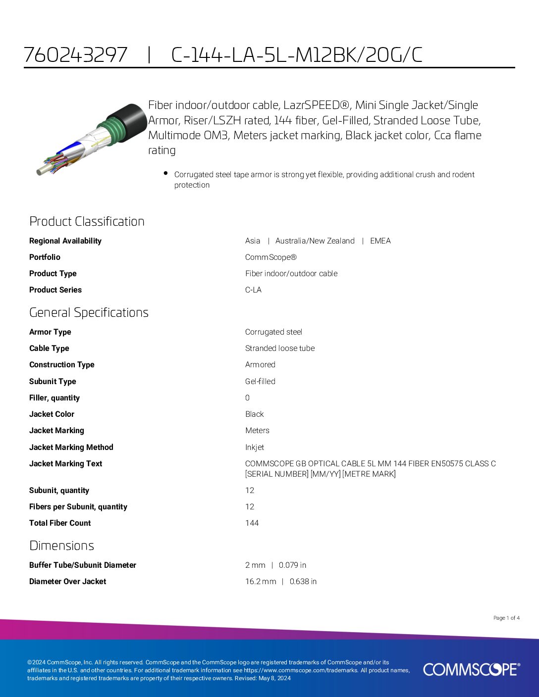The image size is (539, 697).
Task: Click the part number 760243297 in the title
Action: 75,55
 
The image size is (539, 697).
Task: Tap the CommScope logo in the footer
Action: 471,669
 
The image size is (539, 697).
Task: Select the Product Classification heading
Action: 87,221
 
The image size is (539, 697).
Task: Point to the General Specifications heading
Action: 89,312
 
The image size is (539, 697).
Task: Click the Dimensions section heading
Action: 61,546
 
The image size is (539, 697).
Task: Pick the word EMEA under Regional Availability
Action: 380,241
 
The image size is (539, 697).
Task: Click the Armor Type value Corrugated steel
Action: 273,332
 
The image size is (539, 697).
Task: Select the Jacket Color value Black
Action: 254,414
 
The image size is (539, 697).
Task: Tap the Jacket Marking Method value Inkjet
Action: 254,448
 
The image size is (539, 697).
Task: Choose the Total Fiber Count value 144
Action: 252,523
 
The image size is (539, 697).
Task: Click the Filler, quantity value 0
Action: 247,398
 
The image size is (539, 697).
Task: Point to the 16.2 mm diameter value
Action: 261,582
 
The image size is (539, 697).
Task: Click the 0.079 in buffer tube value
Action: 292,565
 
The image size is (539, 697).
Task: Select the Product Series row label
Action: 55,290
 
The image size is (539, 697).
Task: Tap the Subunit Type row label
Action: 53,382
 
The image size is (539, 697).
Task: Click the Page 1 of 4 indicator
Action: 506,618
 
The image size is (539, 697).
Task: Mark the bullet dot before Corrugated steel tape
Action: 165,173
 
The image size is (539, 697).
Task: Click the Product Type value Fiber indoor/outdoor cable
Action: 291,274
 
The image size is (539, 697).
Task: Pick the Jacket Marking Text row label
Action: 65,464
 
